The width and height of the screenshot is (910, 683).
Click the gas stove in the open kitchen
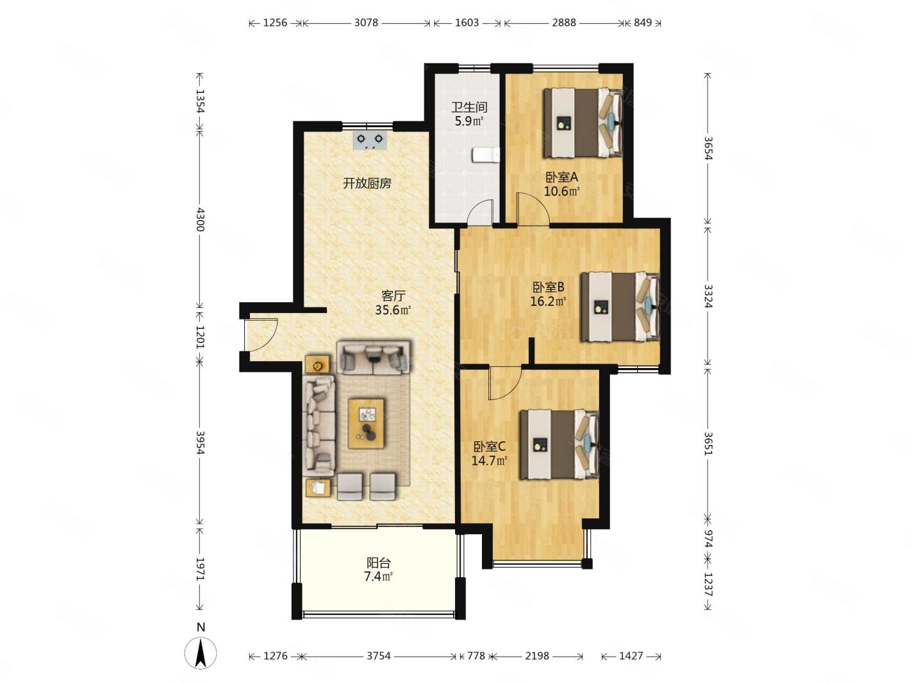pyautogui.click(x=369, y=140)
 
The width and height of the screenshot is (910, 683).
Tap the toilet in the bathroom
pyautogui.click(x=485, y=155)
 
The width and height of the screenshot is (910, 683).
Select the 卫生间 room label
pyautogui.click(x=469, y=107)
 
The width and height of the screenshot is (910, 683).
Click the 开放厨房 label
pyautogui.click(x=367, y=183)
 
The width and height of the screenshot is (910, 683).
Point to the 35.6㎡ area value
pyautogui.click(x=393, y=310)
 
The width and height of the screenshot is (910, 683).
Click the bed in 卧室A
pyautogui.click(x=583, y=122)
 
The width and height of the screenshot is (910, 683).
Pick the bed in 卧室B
pyautogui.click(x=620, y=307)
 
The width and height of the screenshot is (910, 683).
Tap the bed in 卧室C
pyautogui.click(x=559, y=444)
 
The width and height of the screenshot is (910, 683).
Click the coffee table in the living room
pyautogui.click(x=366, y=423)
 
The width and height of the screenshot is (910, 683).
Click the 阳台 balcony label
pyautogui.click(x=378, y=562)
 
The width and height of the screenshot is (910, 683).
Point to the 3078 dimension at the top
pyautogui.click(x=366, y=22)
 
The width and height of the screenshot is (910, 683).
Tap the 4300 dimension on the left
pyautogui.click(x=201, y=220)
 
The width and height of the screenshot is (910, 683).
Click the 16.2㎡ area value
pyautogui.click(x=548, y=301)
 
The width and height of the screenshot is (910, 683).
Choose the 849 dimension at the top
pyautogui.click(x=643, y=22)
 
